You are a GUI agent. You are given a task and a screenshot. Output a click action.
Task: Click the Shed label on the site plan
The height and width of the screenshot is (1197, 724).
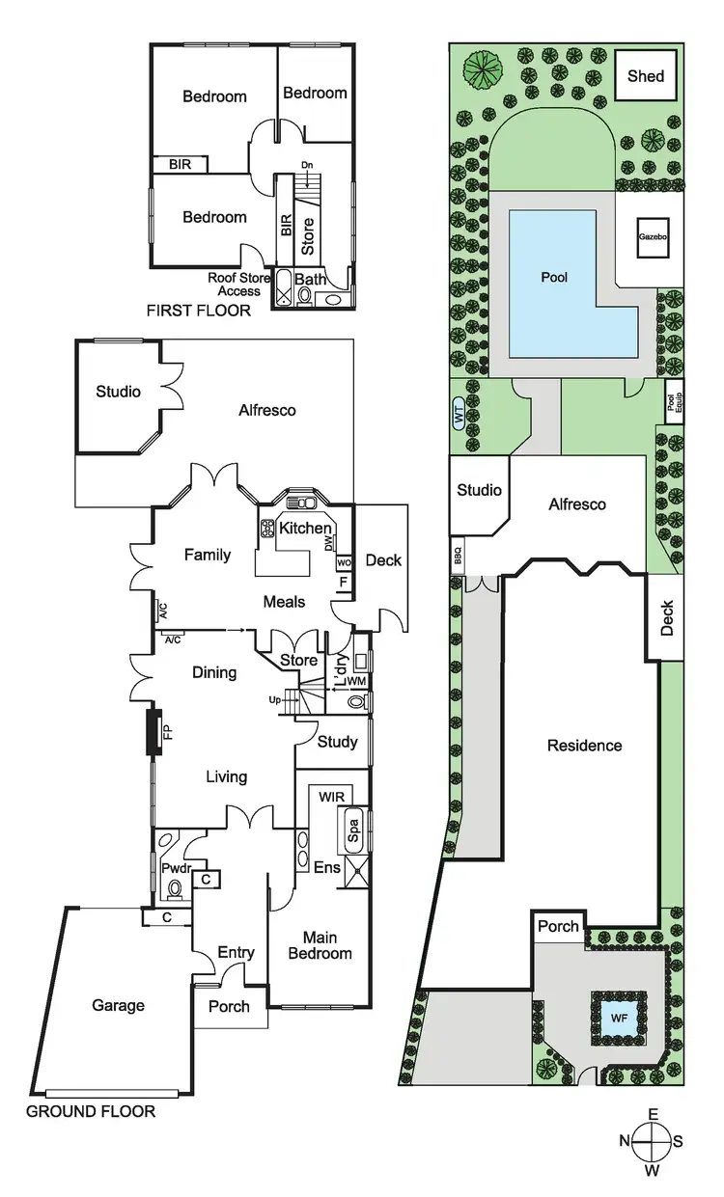[646, 75]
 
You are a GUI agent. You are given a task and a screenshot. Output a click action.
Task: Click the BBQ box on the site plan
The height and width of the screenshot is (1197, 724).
[458, 557]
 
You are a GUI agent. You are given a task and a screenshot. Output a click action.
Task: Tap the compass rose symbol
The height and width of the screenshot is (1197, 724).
[653, 1141]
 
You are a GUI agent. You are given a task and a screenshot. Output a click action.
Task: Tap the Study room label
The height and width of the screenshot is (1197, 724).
[338, 742]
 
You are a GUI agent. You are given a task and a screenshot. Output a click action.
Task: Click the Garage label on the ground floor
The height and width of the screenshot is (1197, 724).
[119, 1005]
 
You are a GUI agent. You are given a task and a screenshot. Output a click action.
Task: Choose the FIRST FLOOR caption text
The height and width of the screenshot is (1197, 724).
[198, 311]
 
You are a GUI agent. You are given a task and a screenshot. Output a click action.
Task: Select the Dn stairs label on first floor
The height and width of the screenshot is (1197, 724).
[307, 165]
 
